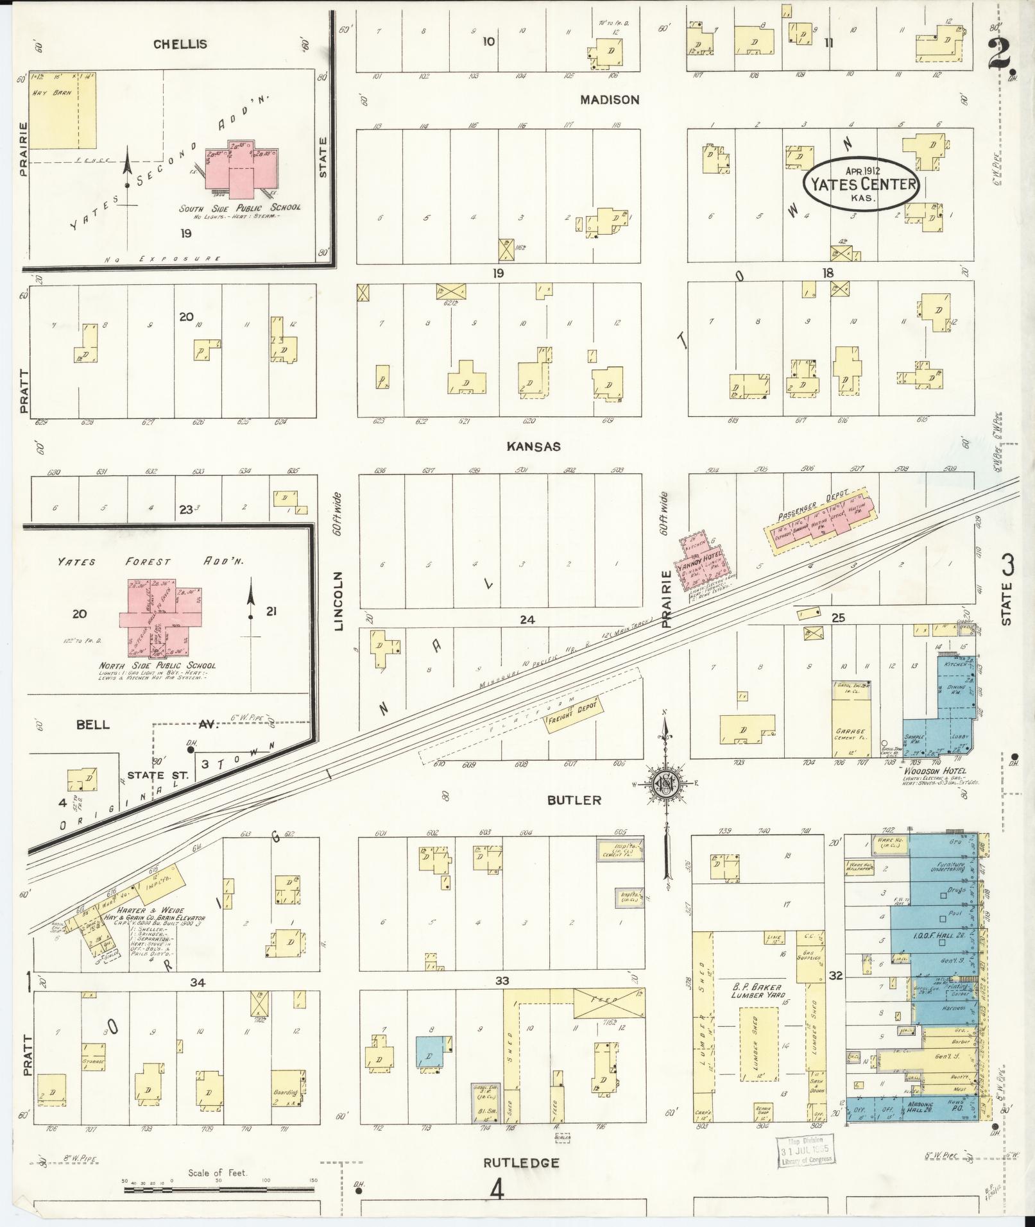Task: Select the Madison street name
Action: pos(610,100)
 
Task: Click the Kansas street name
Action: pos(533,446)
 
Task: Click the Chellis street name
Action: pos(180,44)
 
